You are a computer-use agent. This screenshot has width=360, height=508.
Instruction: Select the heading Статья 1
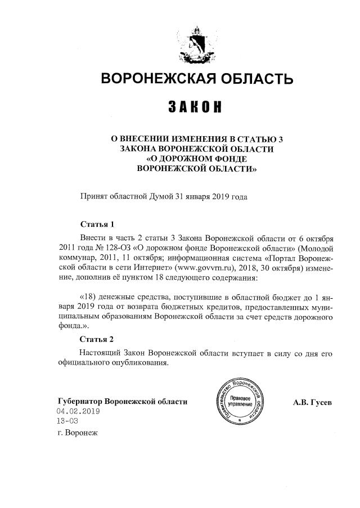coord(97,223)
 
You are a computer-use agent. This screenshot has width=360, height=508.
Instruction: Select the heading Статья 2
coord(97,339)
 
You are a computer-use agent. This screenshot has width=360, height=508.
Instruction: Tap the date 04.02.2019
coord(78,412)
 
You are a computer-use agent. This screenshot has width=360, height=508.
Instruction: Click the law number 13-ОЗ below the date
coord(67,421)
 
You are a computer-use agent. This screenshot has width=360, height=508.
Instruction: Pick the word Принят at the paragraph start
coord(93,196)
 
